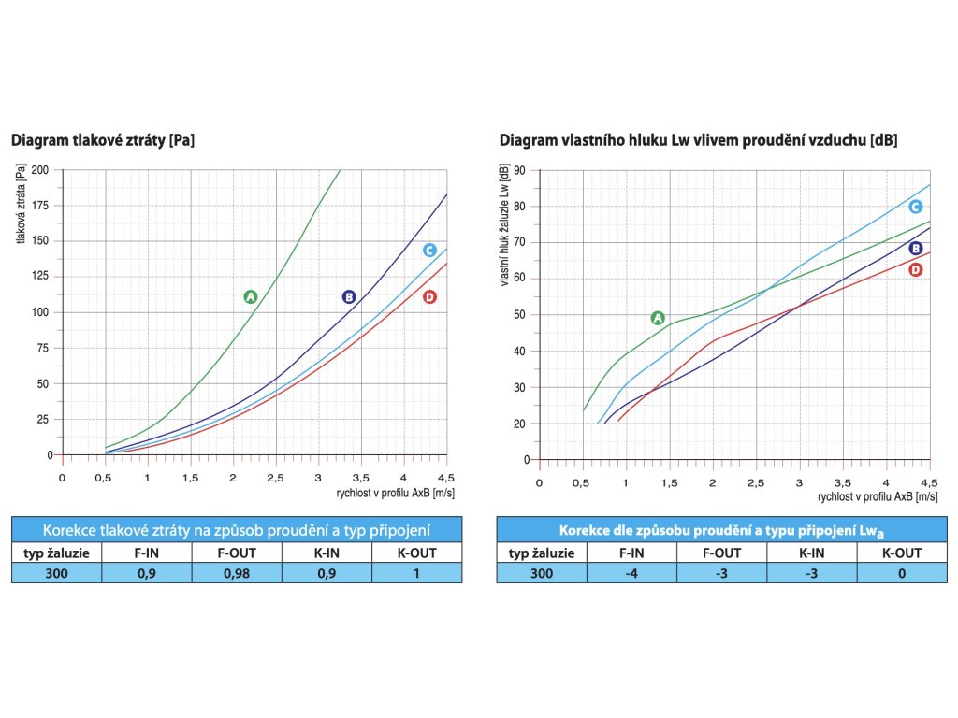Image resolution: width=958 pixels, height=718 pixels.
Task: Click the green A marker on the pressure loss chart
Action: tap(250, 296)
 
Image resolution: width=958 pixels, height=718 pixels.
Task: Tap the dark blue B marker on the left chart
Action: tap(349, 296)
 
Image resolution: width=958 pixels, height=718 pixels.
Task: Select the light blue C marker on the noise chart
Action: tap(916, 207)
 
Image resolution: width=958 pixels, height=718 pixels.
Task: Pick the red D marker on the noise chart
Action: tap(916, 269)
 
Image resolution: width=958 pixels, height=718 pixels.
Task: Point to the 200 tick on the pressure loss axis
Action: tap(41, 170)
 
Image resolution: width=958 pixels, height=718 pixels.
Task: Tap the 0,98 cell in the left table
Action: tap(237, 572)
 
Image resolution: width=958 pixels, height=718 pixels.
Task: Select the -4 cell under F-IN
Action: tap(631, 572)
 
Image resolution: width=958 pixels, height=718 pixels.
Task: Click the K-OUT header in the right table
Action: tap(901, 553)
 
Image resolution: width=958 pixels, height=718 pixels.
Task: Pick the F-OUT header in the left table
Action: tap(237, 553)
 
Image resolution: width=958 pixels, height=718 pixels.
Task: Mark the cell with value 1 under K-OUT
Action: tap(416, 572)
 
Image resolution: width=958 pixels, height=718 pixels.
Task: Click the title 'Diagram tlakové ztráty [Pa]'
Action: tap(103, 141)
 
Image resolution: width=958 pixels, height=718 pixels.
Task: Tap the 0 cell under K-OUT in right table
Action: tap(901, 572)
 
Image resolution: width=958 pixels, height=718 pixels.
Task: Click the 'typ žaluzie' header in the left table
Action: tap(57, 553)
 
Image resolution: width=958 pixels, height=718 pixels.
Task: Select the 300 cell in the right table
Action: tap(541, 572)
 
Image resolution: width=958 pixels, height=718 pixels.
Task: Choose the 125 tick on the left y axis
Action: tap(41, 277)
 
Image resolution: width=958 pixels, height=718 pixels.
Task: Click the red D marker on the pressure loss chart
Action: tap(429, 296)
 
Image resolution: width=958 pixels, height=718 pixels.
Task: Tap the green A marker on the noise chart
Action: tap(657, 318)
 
